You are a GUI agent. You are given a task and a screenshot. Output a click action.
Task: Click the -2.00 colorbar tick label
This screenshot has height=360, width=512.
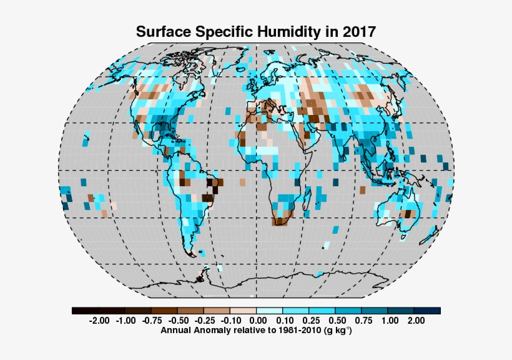pyautogui.click(x=99, y=321)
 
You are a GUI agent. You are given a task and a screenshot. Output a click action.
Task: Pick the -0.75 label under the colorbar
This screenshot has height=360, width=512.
pyautogui.click(x=151, y=321)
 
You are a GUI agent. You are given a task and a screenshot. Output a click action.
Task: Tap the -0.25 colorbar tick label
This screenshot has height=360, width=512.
pyautogui.click(x=204, y=321)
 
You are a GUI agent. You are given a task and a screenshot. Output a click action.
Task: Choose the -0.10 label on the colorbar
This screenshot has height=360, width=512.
pyautogui.click(x=230, y=321)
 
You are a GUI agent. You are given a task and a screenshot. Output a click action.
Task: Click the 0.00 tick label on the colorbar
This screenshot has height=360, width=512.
pyautogui.click(x=257, y=321)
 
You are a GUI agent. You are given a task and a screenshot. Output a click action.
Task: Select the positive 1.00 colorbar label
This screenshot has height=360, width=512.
pyautogui.click(x=388, y=321)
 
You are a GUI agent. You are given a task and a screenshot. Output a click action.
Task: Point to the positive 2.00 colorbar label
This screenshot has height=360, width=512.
pyautogui.click(x=415, y=321)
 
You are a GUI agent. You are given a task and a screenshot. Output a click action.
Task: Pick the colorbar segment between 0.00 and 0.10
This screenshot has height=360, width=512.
pyautogui.click(x=270, y=311)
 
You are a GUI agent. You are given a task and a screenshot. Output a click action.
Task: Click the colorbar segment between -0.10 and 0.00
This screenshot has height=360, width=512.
pyautogui.click(x=244, y=311)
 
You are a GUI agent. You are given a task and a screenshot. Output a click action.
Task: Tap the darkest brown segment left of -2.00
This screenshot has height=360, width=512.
pyautogui.click(x=85, y=311)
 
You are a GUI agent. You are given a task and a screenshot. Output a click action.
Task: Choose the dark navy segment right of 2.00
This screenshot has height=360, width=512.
pyautogui.click(x=428, y=311)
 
